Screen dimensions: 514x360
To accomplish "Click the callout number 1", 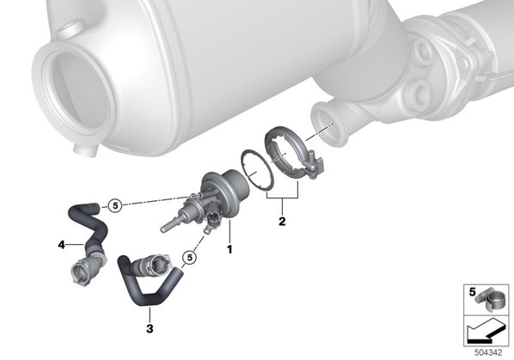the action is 229,249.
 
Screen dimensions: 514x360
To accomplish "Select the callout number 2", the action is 282,222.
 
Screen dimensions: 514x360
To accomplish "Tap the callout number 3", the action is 150,328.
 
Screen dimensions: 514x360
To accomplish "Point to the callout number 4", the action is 61,244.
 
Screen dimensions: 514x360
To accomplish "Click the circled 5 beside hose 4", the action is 115,205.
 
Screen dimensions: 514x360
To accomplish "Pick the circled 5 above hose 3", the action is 190,258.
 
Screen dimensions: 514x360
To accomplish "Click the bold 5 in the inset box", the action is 472,291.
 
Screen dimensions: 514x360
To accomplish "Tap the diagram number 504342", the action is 488,353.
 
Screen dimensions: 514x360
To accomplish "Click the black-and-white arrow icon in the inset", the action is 486,331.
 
